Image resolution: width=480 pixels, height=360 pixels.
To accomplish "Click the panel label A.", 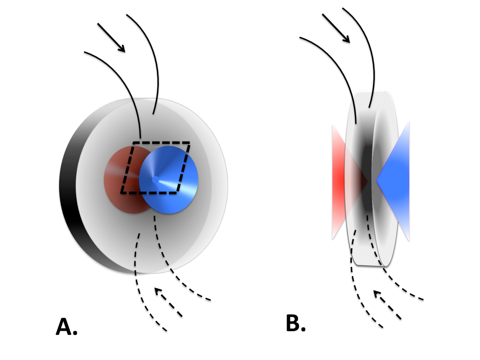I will coord(66,327).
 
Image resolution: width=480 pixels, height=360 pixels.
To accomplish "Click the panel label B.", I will coord(295,324).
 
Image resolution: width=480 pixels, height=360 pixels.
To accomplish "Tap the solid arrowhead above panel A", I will coord(121,48).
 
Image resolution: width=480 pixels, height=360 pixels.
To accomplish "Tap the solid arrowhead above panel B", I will coord(346,39).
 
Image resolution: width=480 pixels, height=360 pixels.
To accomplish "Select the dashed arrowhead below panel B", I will coord(377,293).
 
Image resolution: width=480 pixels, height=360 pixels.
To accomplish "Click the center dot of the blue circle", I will coord(156,180).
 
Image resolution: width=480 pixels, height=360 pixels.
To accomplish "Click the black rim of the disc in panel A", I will coord(67,187).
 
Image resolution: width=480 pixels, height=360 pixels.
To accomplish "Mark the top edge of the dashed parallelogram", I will coord(161,143).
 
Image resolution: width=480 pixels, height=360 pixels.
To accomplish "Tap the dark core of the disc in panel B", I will coord(368,180).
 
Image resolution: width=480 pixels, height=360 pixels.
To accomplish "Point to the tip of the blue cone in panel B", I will coord(377,181).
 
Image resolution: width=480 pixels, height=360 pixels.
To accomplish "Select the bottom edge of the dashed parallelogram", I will coord(149,193).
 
